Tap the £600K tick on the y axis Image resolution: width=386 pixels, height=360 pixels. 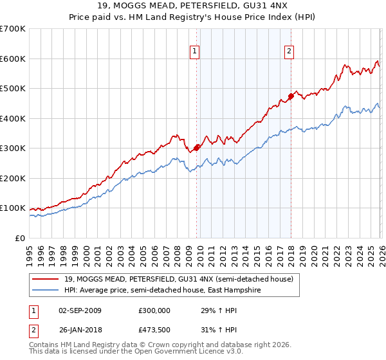click(13, 59)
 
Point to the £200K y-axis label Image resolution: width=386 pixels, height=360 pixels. click(13, 178)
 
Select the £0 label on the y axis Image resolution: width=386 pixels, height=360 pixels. click(19, 238)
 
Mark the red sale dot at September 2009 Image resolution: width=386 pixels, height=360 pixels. click(196, 148)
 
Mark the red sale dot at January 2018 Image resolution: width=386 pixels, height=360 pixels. click(291, 96)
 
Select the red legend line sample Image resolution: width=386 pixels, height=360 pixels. click(45, 279)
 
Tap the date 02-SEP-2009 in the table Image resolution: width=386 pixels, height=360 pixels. click(79, 310)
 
